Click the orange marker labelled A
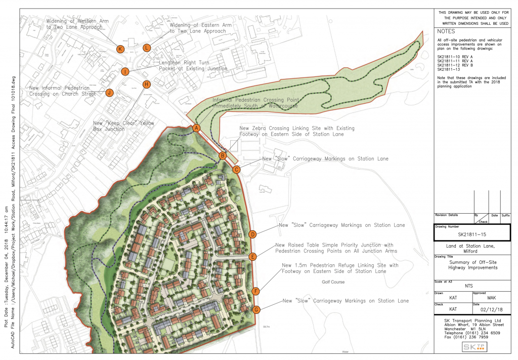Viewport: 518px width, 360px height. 196,128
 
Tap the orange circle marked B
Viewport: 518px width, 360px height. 222,156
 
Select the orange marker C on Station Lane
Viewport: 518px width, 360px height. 236,170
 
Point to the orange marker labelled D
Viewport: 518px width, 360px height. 252,234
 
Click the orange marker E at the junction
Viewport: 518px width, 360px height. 253,257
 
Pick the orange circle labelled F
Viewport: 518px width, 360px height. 256,291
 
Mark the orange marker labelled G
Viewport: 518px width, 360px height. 256,310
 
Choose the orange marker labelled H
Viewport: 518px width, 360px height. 147,84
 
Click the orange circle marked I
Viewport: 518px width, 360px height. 125,71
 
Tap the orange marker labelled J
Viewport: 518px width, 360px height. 109,93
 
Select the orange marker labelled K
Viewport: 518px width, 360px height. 120,49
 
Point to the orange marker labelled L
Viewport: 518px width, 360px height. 147,48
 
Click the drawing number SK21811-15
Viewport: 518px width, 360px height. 471,235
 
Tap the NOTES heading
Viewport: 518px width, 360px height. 446,31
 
